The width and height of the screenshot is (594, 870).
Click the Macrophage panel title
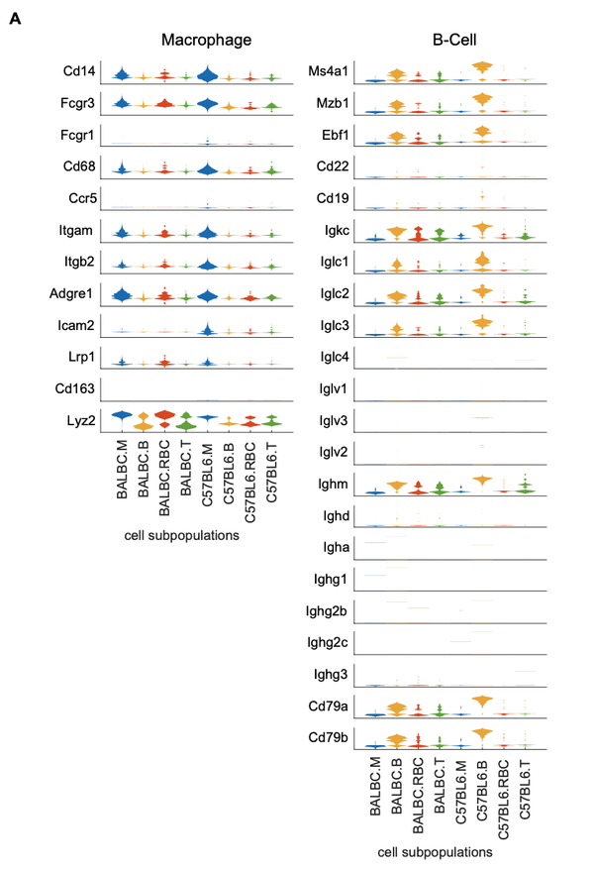[207, 41]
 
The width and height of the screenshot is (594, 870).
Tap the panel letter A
[15, 18]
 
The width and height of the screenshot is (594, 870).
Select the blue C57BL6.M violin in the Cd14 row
[207, 74]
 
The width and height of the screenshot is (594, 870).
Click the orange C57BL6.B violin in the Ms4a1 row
[483, 67]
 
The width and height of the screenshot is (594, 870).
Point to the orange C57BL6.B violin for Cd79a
[483, 702]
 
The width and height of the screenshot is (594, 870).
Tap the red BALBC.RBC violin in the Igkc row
[418, 235]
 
